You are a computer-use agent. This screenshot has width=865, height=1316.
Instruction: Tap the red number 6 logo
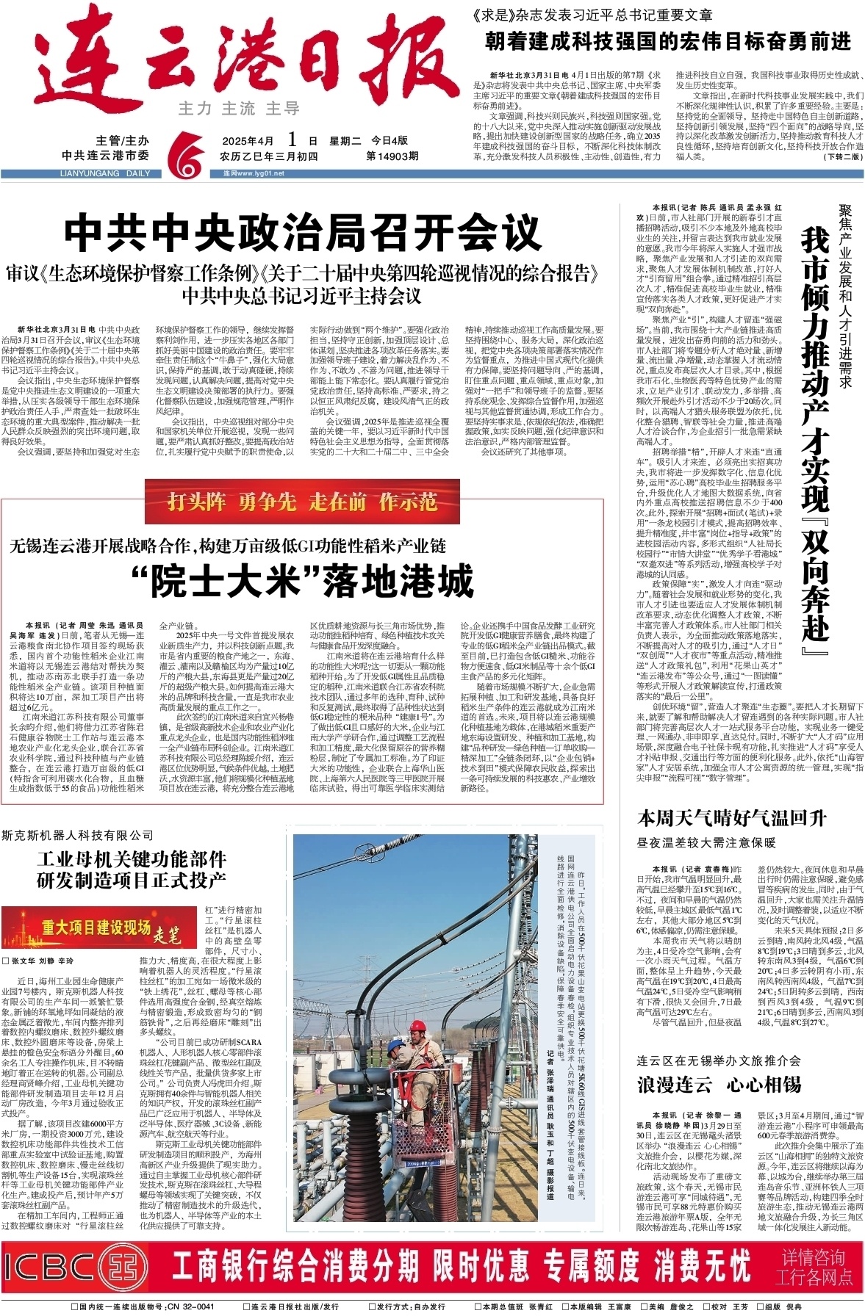184,153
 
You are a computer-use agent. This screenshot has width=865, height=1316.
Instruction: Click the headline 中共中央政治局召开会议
303,233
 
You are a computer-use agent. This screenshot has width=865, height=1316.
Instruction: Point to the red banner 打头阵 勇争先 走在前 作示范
302,502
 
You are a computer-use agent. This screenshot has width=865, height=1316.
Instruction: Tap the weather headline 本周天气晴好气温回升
731,818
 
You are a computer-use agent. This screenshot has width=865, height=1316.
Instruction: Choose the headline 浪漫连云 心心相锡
719,1084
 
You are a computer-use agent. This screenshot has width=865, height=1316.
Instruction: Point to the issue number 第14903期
392,156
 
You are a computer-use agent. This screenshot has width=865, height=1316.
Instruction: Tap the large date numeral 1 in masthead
292,140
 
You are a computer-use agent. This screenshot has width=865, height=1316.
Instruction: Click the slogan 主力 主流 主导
239,109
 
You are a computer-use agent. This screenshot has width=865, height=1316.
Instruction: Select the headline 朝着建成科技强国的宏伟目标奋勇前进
667,41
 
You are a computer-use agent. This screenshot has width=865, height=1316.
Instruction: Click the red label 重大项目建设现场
96,928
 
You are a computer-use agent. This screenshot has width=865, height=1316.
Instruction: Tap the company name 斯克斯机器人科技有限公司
78,835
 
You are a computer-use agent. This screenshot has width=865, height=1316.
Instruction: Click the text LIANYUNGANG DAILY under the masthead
103,174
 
